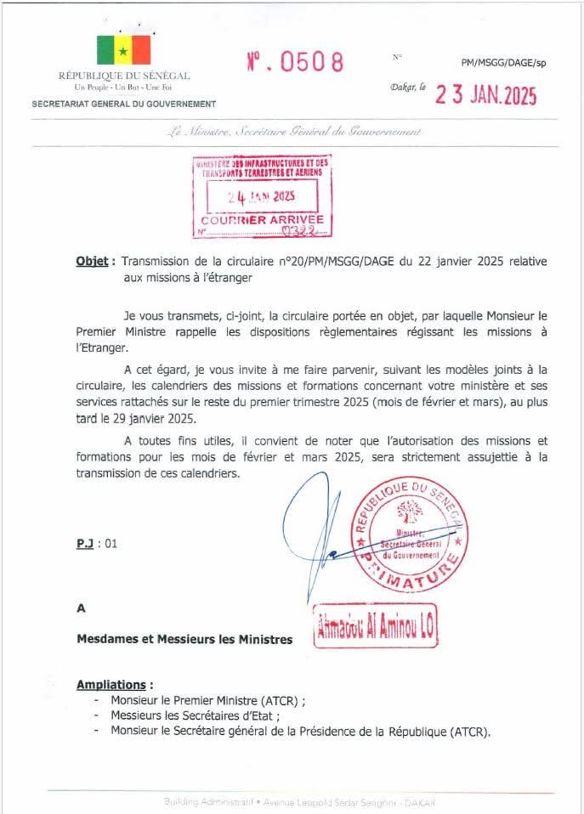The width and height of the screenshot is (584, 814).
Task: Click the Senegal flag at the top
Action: tap(123, 50)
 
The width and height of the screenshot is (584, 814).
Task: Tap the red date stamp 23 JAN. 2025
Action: tap(486, 95)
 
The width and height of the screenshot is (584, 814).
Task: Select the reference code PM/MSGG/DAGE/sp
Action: tap(498, 64)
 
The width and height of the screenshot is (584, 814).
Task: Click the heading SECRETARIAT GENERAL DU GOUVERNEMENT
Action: tap(123, 104)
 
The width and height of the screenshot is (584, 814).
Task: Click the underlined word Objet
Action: tap(92, 262)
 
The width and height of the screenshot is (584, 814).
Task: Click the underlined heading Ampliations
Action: tap(116, 684)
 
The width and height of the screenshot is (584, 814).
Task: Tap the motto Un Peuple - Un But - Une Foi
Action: tap(123, 88)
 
